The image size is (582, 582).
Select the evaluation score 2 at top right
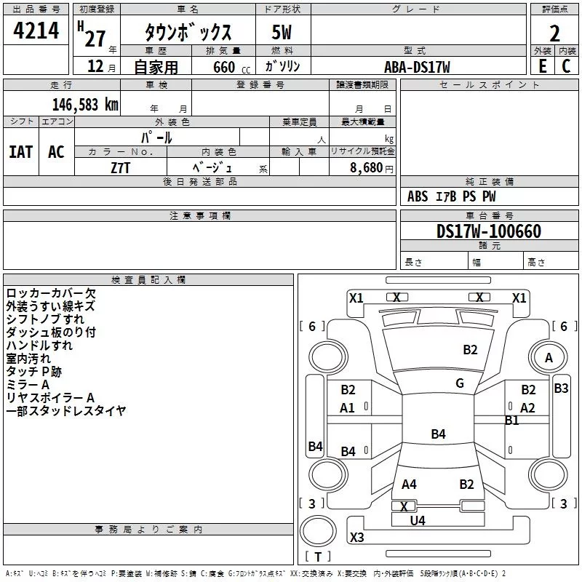point(555,33)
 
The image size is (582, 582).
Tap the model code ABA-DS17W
point(417,67)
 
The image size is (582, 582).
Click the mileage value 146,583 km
point(85,104)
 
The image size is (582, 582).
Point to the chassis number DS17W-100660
point(489,231)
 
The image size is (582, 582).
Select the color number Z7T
point(121,167)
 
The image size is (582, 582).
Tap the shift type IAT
point(20,152)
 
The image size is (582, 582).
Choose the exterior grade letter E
point(542,66)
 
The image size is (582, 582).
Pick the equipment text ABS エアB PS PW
point(452,196)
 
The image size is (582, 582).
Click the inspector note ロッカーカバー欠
point(51,293)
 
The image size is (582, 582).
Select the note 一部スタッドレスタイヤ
point(66,411)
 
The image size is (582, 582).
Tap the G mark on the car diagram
point(460,383)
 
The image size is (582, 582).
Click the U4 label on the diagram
point(418,520)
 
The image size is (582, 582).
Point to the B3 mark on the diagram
point(561,388)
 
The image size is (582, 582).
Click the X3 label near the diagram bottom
point(356,538)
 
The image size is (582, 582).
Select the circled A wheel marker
point(549,357)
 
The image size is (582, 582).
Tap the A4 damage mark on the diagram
point(409,485)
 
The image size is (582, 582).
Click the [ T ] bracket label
point(317,557)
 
